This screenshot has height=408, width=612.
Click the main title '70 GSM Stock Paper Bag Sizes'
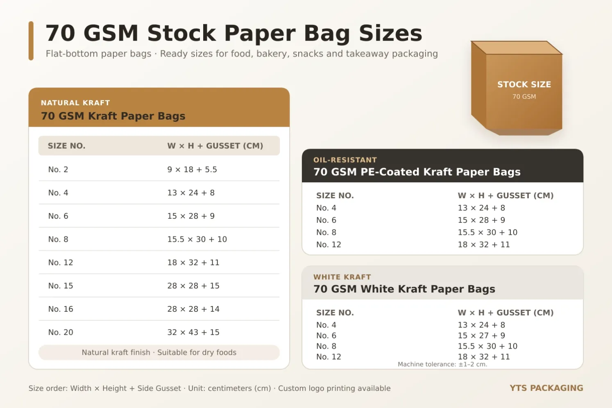(x=234, y=33)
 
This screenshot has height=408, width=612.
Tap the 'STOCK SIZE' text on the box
(x=524, y=84)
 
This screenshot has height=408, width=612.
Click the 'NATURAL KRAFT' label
(x=75, y=103)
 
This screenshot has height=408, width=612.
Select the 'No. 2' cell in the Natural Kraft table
(x=58, y=170)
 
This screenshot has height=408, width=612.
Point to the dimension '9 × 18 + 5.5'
(x=192, y=170)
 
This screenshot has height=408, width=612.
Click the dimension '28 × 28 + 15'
(x=193, y=286)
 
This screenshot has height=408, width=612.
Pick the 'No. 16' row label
(x=61, y=309)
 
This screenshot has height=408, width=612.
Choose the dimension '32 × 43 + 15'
(x=193, y=332)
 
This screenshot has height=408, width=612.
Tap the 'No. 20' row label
(x=61, y=332)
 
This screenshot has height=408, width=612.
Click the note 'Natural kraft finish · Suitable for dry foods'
(x=159, y=352)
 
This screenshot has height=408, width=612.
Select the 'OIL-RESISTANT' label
(x=345, y=160)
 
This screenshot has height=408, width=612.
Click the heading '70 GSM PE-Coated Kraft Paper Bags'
(x=417, y=172)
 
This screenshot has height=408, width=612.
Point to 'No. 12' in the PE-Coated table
(x=329, y=244)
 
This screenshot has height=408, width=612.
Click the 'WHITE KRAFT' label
(x=342, y=277)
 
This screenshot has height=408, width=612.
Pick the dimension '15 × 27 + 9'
(x=481, y=335)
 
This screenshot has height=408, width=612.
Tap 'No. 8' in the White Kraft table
(x=326, y=346)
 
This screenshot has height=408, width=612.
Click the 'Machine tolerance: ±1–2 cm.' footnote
(x=442, y=364)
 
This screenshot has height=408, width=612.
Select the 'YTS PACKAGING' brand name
(x=546, y=388)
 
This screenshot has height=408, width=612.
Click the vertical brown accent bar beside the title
(x=31, y=41)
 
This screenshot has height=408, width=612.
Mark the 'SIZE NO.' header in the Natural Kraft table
(x=67, y=146)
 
